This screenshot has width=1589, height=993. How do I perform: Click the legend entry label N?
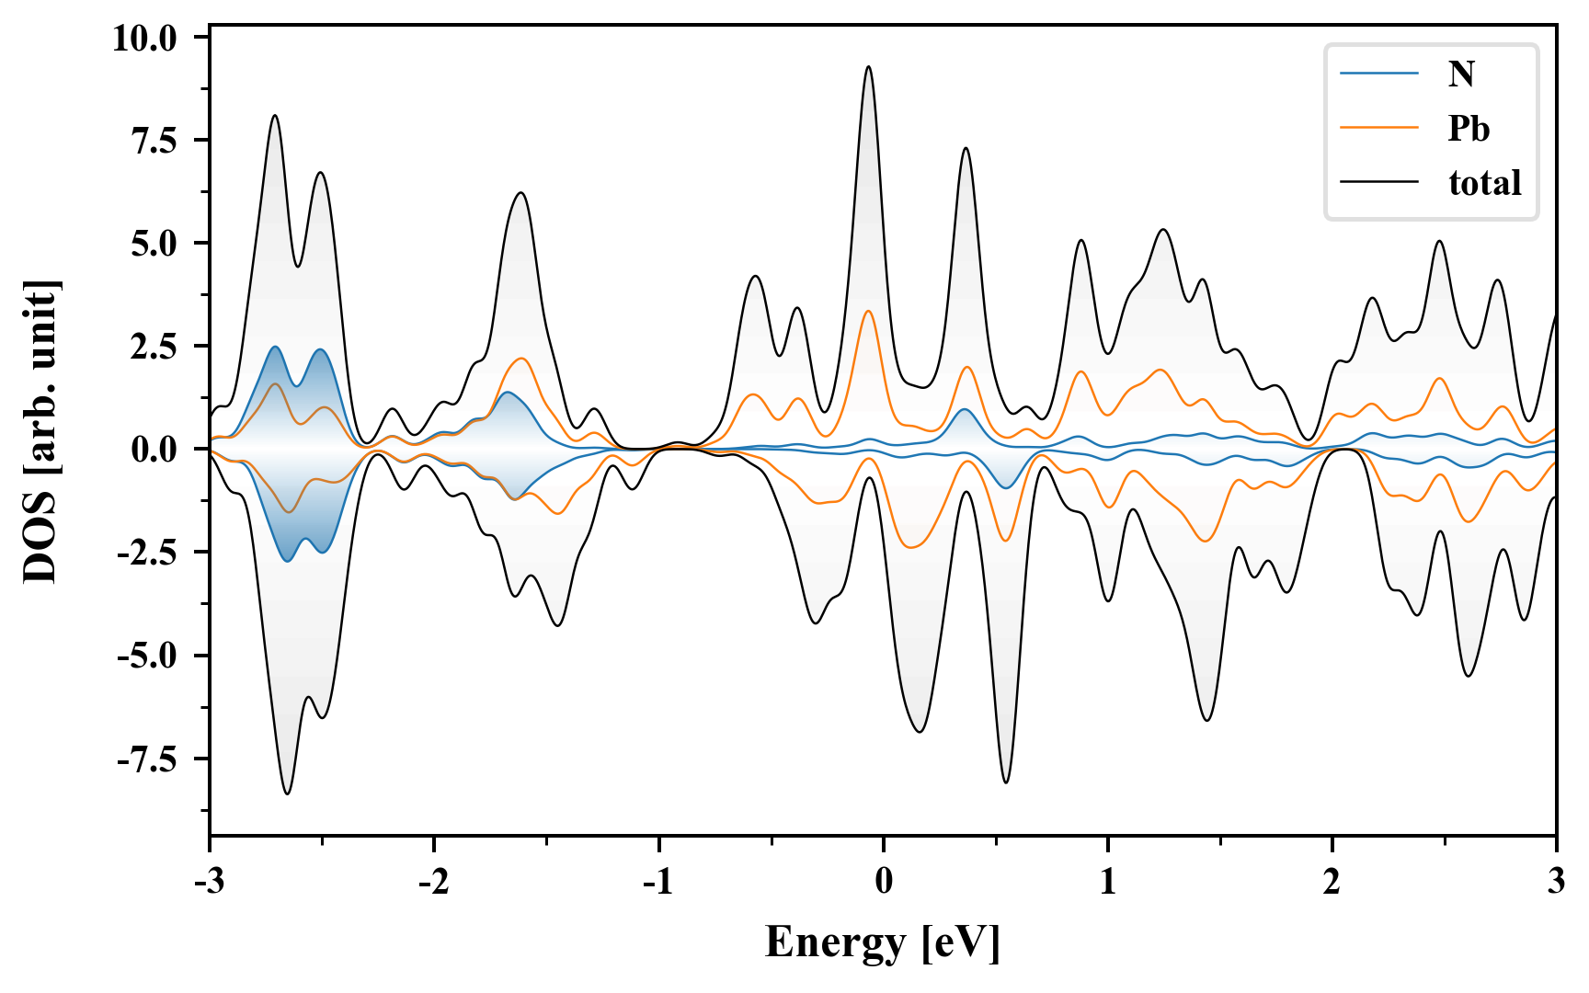(1461, 74)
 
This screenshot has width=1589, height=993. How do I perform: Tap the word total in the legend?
(1484, 183)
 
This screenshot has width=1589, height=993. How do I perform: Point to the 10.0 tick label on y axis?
(144, 38)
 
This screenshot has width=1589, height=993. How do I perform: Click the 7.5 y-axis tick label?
(157, 141)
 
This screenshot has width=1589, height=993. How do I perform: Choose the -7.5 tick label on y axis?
(150, 760)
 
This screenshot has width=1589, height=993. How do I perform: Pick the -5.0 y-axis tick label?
(150, 656)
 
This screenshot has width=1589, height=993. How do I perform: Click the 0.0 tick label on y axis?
(157, 451)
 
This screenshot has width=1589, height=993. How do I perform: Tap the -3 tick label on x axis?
(210, 881)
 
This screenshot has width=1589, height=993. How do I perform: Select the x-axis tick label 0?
(884, 881)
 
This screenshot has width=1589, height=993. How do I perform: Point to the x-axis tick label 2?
(1332, 881)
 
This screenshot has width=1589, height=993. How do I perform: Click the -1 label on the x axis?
(658, 881)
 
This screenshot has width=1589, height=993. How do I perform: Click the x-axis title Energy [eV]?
(883, 942)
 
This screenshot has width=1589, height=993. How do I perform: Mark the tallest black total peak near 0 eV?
(868, 67)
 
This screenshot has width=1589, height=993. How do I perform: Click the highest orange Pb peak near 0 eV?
(868, 312)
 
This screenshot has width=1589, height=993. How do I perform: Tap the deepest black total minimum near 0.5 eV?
(1006, 782)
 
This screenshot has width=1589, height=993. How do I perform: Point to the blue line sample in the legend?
(1378, 74)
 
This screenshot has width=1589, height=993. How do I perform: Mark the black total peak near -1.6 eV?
(521, 193)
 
